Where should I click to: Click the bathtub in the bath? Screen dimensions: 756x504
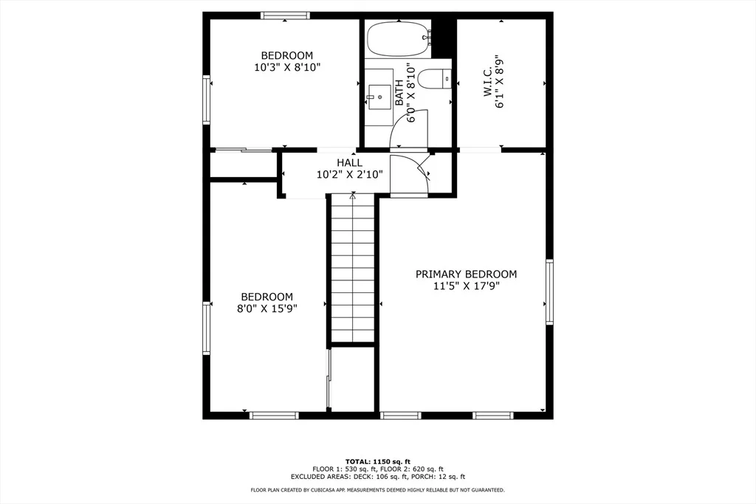tap(398, 40)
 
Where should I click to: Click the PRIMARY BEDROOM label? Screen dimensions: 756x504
tap(467, 275)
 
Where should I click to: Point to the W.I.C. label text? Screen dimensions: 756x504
tap(487, 81)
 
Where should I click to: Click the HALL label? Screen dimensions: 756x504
tap(349, 163)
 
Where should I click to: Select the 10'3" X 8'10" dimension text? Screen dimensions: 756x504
tap(287, 67)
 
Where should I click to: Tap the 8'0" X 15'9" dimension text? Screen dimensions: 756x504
tap(267, 309)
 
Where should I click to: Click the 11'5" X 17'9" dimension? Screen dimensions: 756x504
tap(467, 286)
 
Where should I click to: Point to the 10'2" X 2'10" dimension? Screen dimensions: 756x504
tap(349, 174)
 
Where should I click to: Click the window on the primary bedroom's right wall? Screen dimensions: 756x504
tap(549, 291)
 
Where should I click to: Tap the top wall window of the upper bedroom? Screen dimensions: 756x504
tap(286, 15)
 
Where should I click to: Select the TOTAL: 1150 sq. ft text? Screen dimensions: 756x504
tap(378, 462)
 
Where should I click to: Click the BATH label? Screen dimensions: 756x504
tap(399, 93)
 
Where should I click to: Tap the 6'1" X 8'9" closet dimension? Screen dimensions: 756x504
tap(500, 81)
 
